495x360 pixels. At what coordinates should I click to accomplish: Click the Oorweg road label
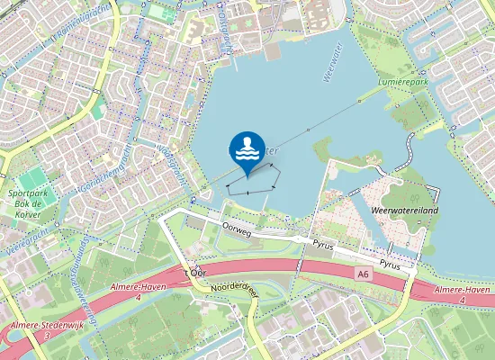click(x=235, y=230)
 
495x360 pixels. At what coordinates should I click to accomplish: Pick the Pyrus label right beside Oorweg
click(x=323, y=244)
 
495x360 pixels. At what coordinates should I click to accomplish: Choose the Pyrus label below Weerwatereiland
click(x=390, y=265)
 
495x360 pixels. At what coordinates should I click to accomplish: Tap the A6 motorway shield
click(x=362, y=274)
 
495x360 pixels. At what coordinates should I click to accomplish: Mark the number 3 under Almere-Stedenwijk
click(x=46, y=336)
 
